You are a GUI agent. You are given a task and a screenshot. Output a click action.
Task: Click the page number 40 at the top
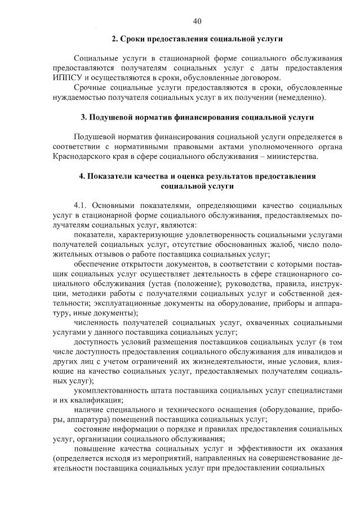click(x=197, y=21)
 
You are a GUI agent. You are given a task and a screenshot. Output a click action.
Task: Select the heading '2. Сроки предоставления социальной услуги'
click(x=197, y=39)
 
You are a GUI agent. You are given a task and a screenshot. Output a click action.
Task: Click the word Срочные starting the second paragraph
click(x=91, y=88)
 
